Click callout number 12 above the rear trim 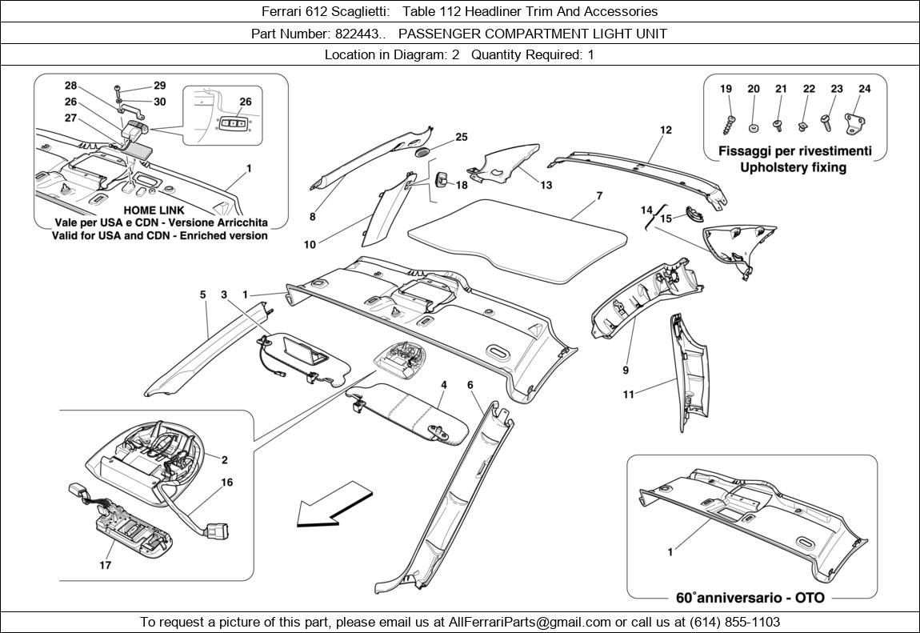coord(666,130)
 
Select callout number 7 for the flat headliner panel coord(599,196)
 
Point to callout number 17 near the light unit coord(105,565)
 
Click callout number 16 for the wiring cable coord(227,483)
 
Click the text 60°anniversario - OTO coord(750,598)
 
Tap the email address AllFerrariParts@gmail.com coord(530,622)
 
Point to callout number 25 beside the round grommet coord(462,138)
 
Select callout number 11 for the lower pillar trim coord(629,395)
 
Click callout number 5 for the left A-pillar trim coord(203,295)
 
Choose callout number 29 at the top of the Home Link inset coord(159,86)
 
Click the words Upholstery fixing coord(793,168)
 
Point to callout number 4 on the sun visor coord(443,386)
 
